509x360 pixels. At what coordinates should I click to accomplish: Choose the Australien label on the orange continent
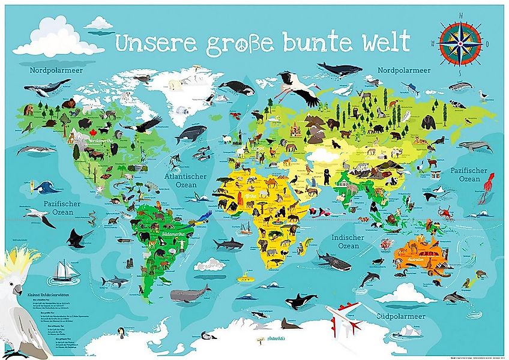tap(415, 259)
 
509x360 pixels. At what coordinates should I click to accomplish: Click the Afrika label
tap(251, 196)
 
